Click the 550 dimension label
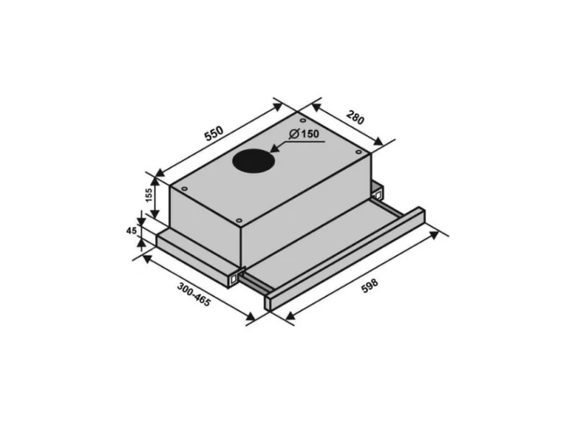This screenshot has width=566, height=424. pyautogui.click(x=215, y=133)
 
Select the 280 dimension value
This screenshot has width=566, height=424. pyautogui.click(x=355, y=118)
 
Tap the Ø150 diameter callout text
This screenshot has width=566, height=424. pyautogui.click(x=304, y=133)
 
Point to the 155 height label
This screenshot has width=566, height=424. pyautogui.click(x=149, y=196)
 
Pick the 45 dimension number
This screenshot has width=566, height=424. pyautogui.click(x=131, y=231)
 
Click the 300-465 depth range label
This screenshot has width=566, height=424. pyautogui.click(x=193, y=294)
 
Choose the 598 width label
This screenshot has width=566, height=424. pyautogui.click(x=369, y=286)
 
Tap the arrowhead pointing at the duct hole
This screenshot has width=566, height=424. pyautogui.click(x=276, y=148)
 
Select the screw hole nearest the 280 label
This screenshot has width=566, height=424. pyautogui.click(x=358, y=152)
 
